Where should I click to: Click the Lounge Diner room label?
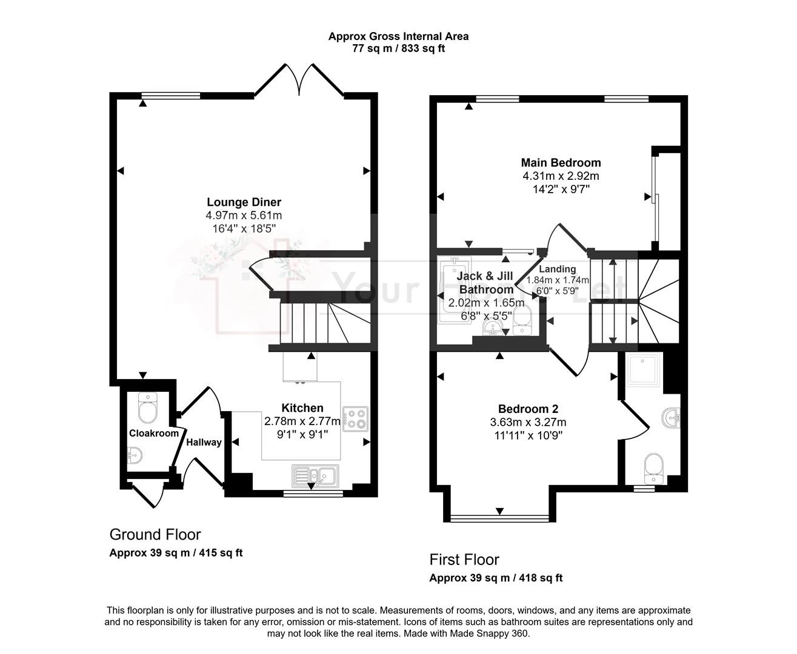tap(244, 202)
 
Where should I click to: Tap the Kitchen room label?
tap(302, 408)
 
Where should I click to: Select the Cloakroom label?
tap(154, 433)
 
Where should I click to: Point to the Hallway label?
tap(204, 442)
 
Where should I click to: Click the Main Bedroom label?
tap(561, 162)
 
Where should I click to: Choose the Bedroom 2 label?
tap(528, 409)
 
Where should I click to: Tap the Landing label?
tap(558, 269)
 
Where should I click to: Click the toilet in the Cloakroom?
tap(148, 408)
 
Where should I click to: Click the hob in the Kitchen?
tap(355, 419)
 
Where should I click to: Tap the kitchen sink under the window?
tap(315, 476)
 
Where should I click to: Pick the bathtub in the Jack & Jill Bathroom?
tap(454, 289)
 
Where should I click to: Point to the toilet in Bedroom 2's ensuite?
tap(654, 469)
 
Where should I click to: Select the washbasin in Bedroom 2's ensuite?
tap(671, 418)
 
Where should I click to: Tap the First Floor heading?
tap(464, 560)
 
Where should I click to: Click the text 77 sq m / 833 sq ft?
tap(398, 48)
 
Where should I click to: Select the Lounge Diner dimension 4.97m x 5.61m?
tap(244, 215)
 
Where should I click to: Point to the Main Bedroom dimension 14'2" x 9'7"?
tap(561, 189)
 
